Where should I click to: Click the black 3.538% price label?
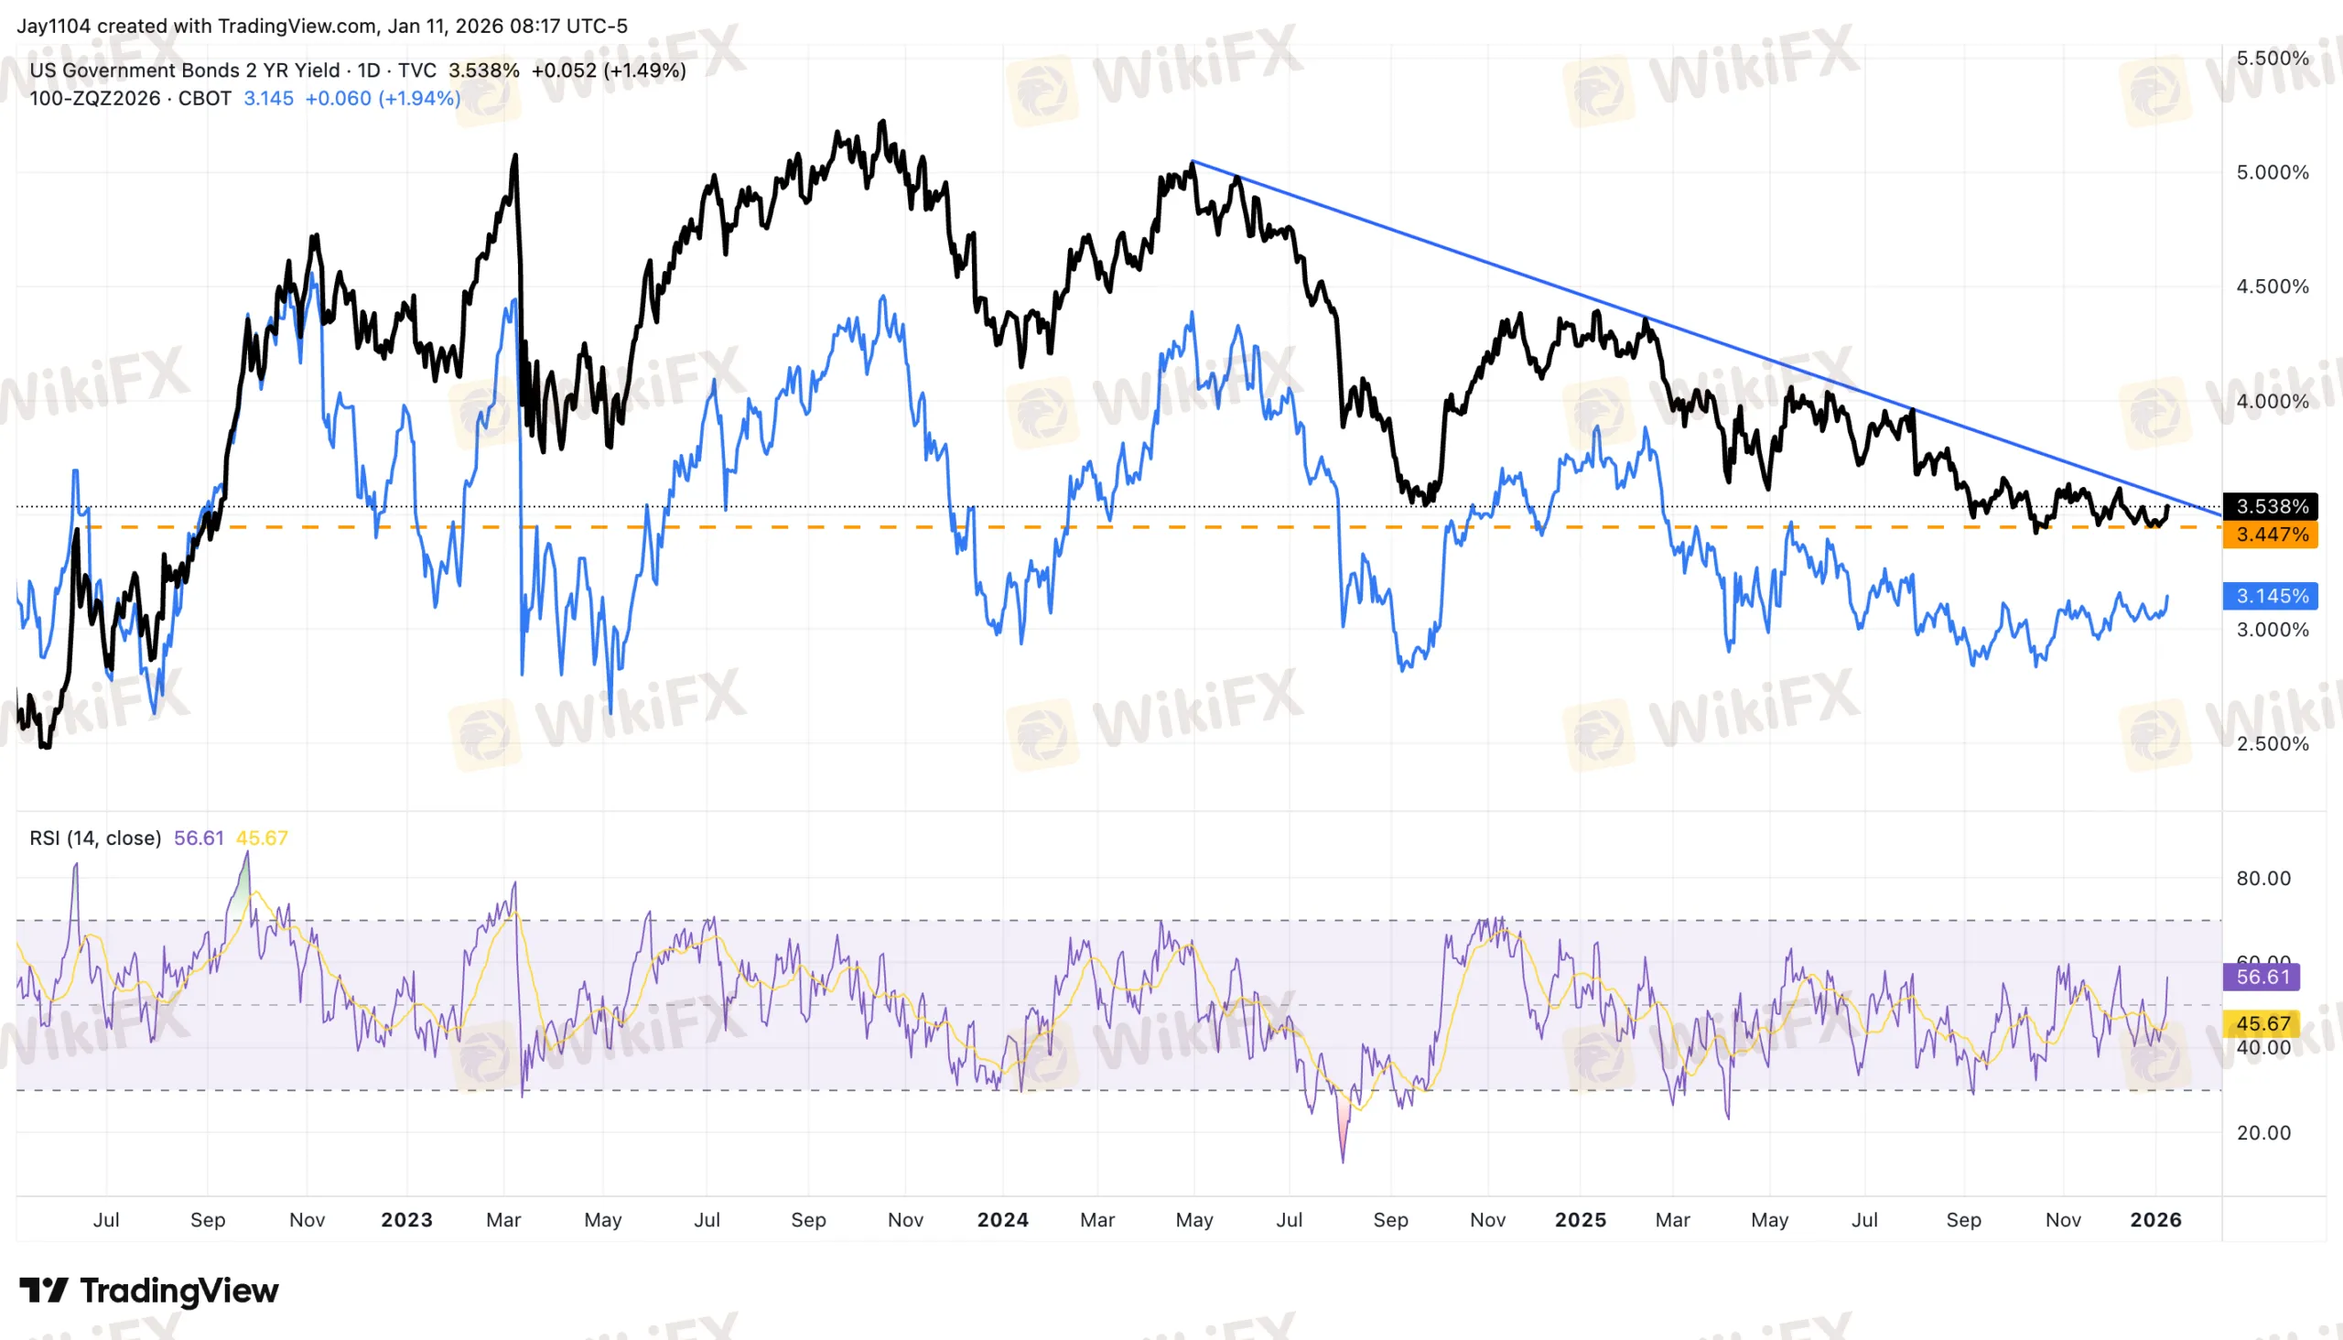(2272, 506)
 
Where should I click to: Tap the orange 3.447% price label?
(2272, 535)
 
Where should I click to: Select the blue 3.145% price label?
(2272, 596)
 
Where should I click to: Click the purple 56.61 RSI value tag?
(2262, 977)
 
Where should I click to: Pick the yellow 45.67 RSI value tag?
(2262, 1023)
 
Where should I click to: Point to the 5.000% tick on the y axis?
(2273, 172)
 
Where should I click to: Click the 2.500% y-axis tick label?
(2273, 743)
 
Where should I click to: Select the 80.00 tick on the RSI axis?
(2263, 878)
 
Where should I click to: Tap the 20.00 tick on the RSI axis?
(2263, 1133)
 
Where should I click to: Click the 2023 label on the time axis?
(406, 1219)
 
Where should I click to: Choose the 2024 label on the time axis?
(1002, 1219)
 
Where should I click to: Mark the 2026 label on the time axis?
(2155, 1219)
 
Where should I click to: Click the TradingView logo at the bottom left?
(149, 1291)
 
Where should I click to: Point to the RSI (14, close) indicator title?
(95, 837)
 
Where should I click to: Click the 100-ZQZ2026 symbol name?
(95, 99)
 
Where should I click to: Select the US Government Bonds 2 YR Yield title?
(184, 70)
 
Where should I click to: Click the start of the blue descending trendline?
(1193, 162)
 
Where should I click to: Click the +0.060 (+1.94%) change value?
(382, 99)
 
